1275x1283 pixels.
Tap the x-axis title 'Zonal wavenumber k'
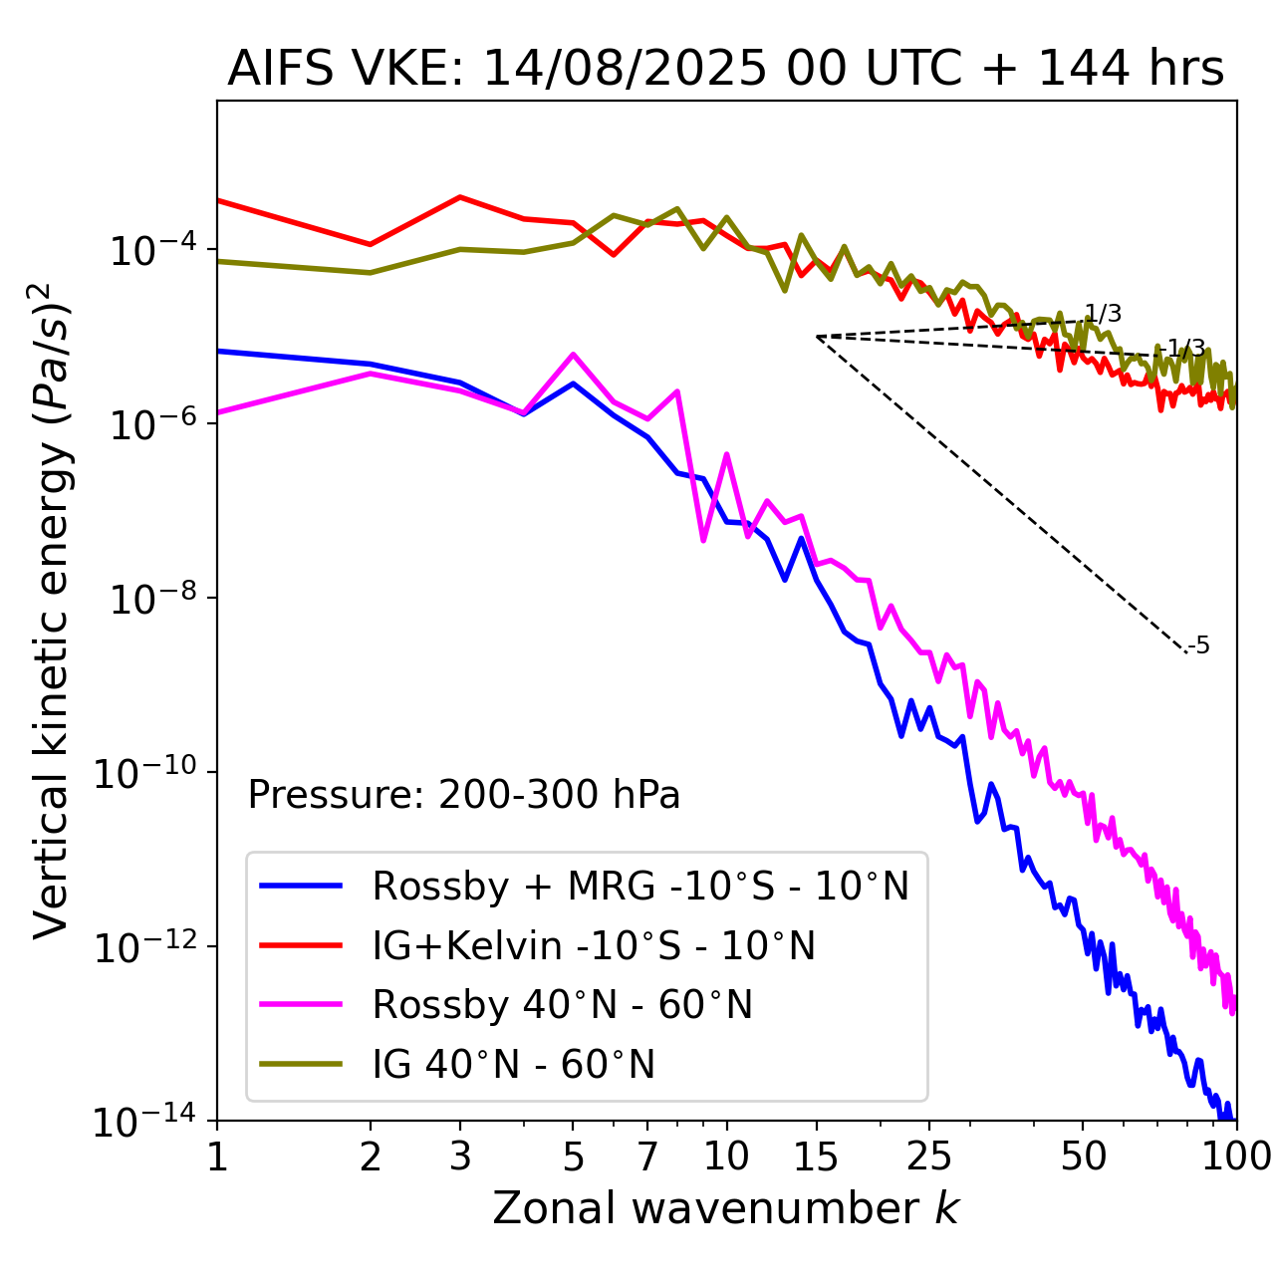click(725, 1208)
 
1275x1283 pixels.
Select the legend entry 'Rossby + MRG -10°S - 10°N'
click(640, 886)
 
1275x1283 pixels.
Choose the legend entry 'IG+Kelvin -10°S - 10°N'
click(594, 945)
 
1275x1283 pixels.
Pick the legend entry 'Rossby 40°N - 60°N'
click(562, 1005)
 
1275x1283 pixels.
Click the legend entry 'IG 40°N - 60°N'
click(513, 1065)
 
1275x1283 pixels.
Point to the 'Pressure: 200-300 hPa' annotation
click(464, 795)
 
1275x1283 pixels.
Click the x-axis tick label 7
click(647, 1156)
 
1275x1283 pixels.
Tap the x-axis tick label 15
click(817, 1156)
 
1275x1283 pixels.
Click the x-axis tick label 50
click(1083, 1156)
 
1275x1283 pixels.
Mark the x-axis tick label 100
click(1235, 1156)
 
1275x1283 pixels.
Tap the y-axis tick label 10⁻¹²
click(144, 947)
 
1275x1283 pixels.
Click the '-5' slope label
click(1199, 645)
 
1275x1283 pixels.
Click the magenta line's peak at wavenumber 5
click(573, 354)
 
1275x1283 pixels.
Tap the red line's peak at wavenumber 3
click(460, 196)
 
